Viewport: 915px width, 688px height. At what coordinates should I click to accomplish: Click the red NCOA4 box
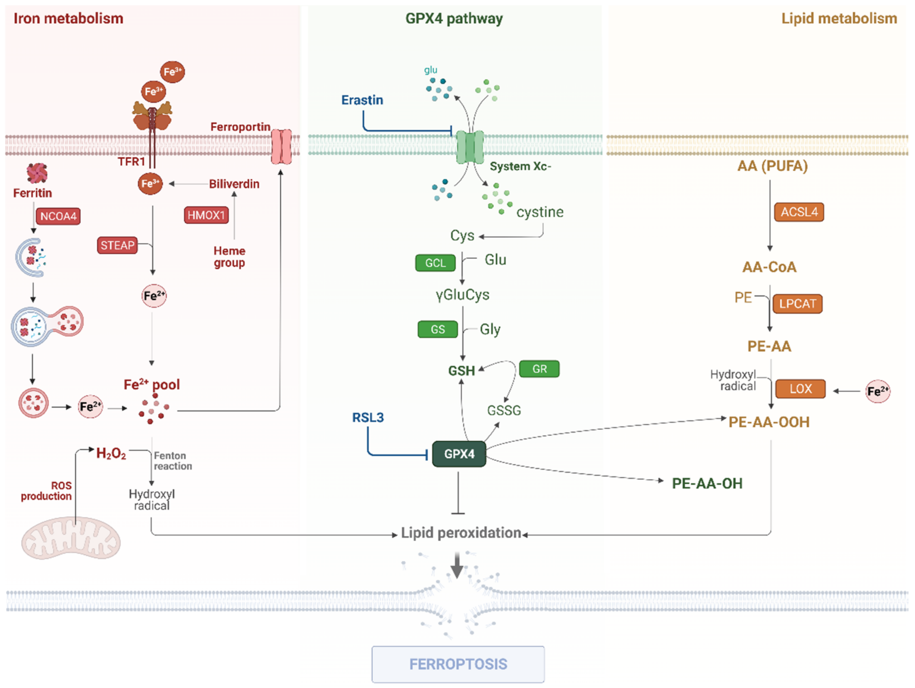[x=58, y=216]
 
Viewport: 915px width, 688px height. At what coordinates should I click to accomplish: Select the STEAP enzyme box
[x=117, y=245]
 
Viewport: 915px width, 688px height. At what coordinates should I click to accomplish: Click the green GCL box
[x=436, y=263]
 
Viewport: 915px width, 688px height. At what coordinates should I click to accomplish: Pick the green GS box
[x=438, y=329]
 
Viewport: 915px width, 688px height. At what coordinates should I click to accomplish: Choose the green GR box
[x=539, y=369]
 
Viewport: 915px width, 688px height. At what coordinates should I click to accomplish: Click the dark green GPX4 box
[x=459, y=454]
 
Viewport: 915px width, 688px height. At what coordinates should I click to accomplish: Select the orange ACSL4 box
[x=799, y=212]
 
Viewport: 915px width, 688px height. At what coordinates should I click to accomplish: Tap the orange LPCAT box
[x=798, y=304]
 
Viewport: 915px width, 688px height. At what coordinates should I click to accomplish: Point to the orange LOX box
[x=800, y=389]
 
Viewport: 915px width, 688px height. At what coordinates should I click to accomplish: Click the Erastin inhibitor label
[x=362, y=100]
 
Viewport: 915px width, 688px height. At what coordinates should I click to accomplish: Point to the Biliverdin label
[x=234, y=184]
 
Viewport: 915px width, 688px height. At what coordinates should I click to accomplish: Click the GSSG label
[x=504, y=411]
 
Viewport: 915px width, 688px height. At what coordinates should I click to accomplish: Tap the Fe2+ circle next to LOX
[x=878, y=391]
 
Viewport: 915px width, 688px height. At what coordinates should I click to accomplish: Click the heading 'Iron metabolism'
[x=69, y=19]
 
